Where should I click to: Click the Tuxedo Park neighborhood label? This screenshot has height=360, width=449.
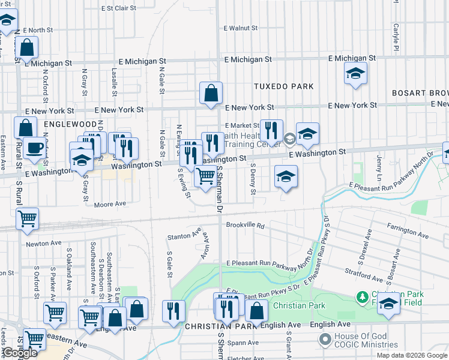click(283, 86)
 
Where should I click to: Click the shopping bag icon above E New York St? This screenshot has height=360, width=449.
click(211, 93)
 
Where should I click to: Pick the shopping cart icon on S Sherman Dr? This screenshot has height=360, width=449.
click(205, 176)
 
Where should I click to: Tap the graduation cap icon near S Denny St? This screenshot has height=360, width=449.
click(286, 176)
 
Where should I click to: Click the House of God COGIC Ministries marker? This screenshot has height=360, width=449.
click(326, 340)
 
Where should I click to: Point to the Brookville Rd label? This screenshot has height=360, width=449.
click(246, 226)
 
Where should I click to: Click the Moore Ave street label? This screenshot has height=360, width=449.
click(110, 204)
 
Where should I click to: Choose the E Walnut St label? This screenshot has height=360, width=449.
click(240, 28)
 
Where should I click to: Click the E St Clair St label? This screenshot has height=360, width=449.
click(119, 8)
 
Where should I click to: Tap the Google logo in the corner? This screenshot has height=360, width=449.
click(19, 353)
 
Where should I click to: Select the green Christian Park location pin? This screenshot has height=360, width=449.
click(362, 297)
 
